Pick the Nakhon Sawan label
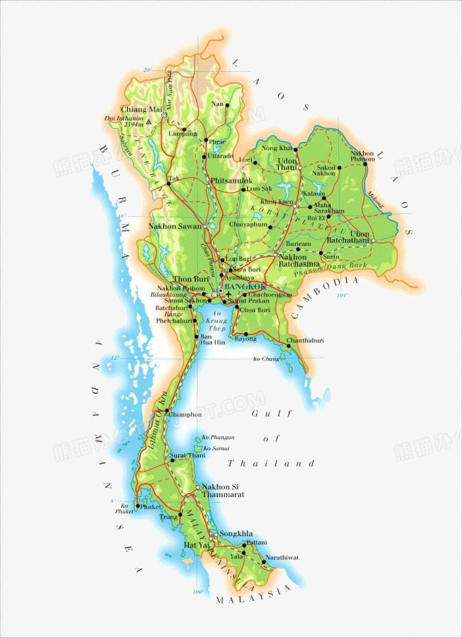(x=175, y=226)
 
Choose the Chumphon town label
(x=186, y=414)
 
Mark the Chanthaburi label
(x=305, y=341)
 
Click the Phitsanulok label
(x=232, y=181)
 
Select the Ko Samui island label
(x=216, y=448)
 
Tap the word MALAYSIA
(x=254, y=595)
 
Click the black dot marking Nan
(x=227, y=105)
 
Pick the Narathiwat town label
(x=282, y=557)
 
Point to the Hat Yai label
(x=195, y=545)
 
